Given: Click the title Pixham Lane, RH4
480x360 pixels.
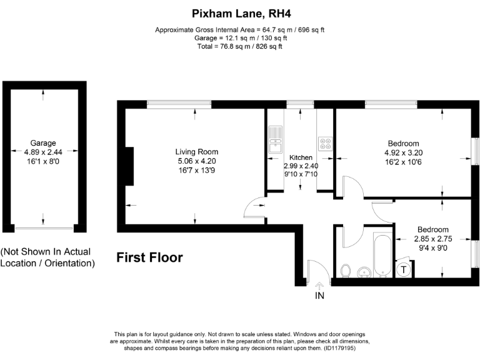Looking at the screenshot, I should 240,12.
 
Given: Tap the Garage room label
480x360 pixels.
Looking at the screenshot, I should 42,142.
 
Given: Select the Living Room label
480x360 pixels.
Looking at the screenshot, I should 196,152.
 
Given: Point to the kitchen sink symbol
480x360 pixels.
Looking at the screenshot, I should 275,141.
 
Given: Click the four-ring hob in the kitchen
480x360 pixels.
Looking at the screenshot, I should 325,144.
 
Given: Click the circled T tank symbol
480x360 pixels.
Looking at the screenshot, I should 404,270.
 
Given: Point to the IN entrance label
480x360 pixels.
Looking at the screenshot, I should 320,295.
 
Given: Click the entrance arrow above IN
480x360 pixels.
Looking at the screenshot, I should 320,285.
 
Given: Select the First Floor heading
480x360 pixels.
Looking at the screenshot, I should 149,257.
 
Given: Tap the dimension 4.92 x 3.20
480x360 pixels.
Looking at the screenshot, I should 403,152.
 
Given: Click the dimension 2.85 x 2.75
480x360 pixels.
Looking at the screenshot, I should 432,238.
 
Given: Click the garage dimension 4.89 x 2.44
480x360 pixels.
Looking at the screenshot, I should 43,151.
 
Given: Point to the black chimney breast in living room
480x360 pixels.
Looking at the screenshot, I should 129,166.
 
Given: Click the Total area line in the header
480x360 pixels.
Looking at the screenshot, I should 240,46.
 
